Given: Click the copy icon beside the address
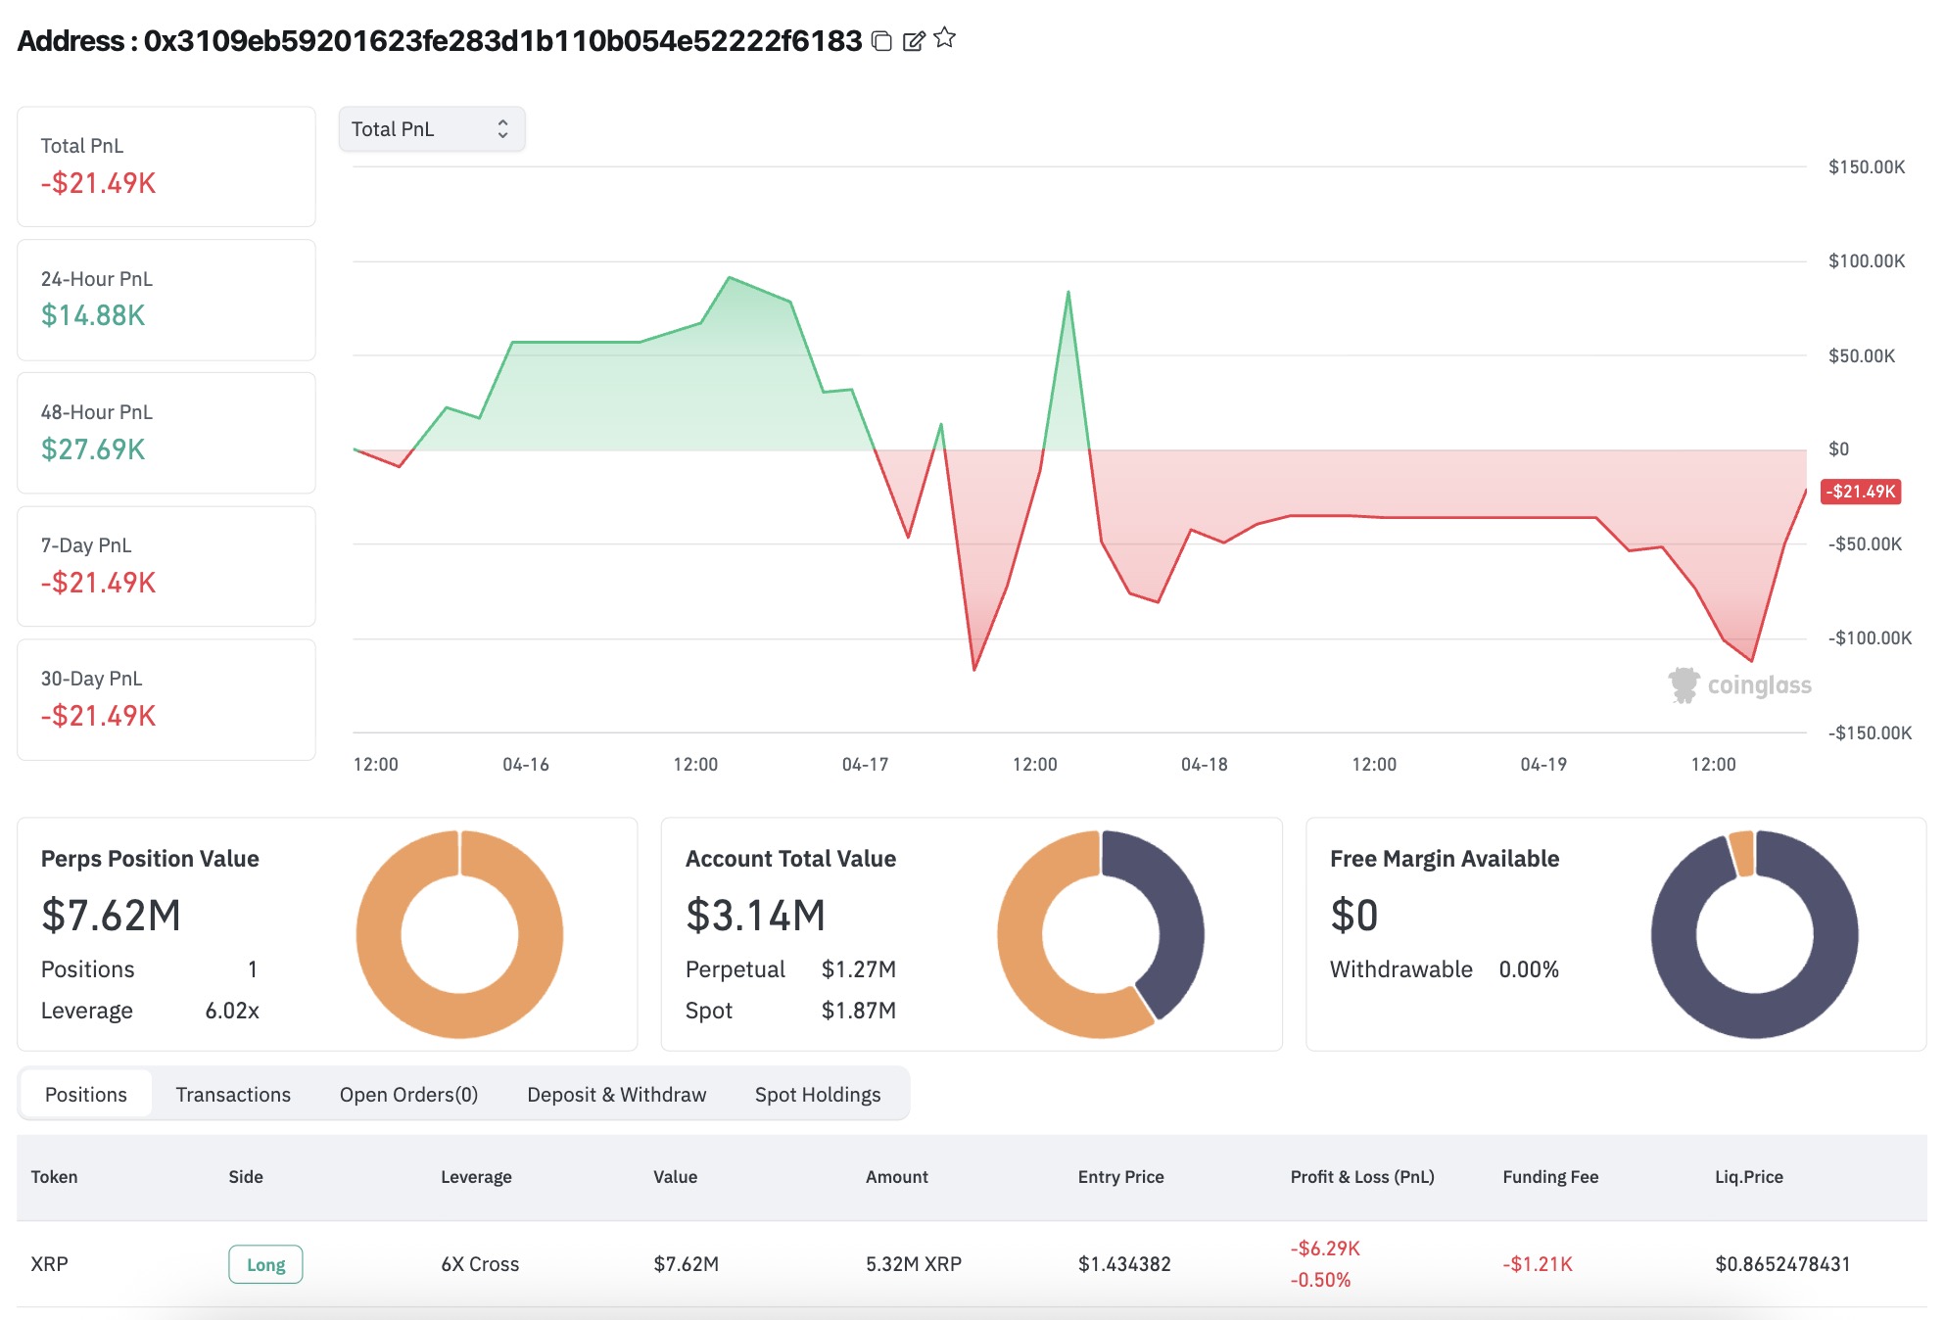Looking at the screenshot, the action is click(x=881, y=40).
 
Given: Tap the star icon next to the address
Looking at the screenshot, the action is click(x=945, y=38).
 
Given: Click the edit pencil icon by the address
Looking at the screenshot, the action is click(x=913, y=40).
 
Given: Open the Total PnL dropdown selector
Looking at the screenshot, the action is click(x=432, y=129).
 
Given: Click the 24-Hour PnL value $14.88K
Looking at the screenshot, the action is click(x=93, y=315).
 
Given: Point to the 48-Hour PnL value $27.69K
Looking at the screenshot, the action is click(x=93, y=449).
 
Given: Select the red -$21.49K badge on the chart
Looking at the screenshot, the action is click(x=1861, y=492).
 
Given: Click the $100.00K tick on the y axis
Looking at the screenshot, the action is click(x=1867, y=261).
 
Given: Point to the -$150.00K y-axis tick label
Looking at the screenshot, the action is click(x=1870, y=733).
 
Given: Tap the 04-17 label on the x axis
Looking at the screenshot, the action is click(x=866, y=765).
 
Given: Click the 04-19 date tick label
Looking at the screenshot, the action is click(x=1543, y=765).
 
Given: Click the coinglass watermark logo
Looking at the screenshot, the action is click(x=1740, y=685).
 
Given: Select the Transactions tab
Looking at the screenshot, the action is click(x=233, y=1095).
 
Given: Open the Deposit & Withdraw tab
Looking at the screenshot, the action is click(x=617, y=1095).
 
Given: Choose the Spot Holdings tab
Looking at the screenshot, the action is click(x=818, y=1095).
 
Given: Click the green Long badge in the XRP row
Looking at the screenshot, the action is click(x=265, y=1264).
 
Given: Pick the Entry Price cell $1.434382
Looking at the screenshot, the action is click(x=1124, y=1264).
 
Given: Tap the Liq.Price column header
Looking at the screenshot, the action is click(x=1749, y=1177).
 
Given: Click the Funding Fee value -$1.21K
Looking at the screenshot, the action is click(x=1538, y=1264).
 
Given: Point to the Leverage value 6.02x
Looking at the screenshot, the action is click(x=232, y=1011).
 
